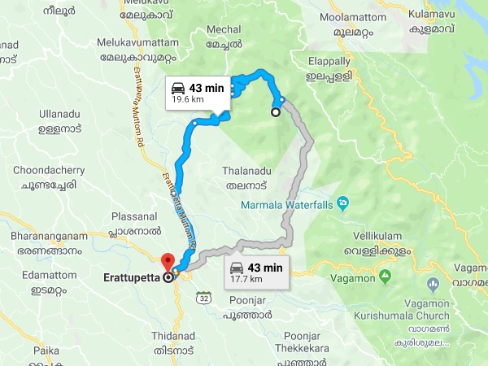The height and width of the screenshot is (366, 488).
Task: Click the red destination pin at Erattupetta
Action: click(168, 262)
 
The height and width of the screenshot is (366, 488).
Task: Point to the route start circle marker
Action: click(276, 112)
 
